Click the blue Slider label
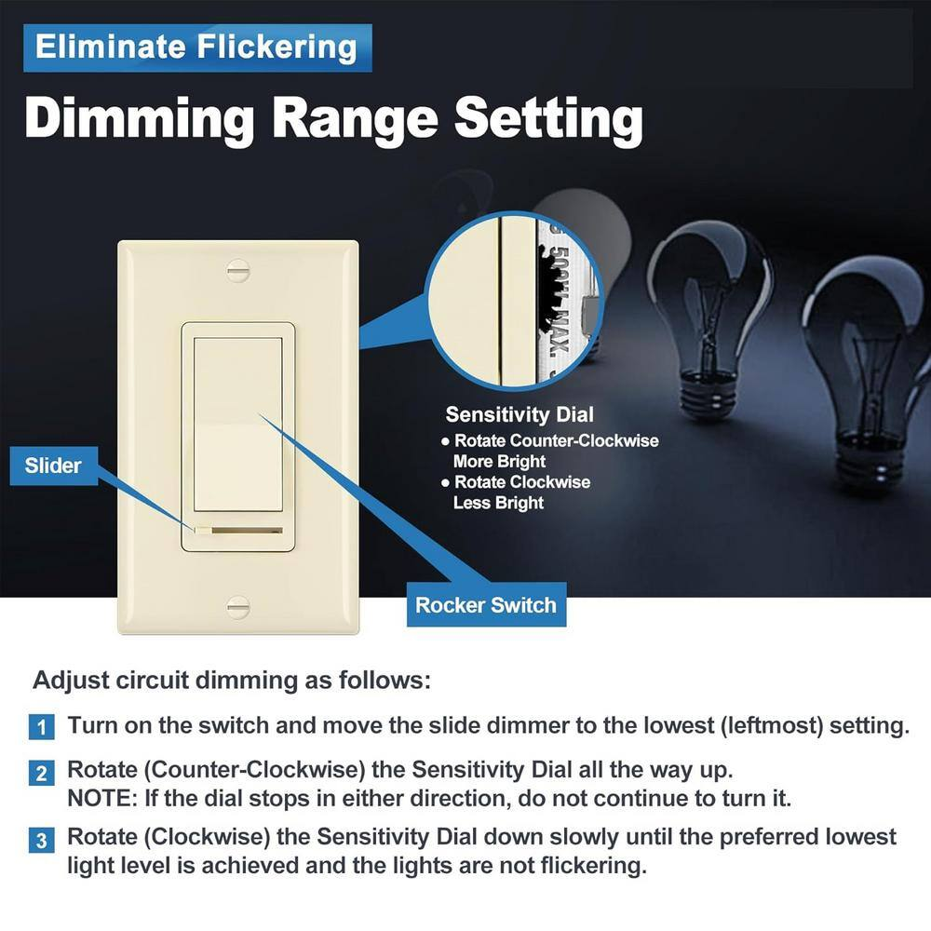click(53, 465)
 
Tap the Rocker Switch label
click(486, 605)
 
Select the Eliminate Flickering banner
click(197, 47)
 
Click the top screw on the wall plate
click(238, 271)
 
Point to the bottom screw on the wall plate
click(238, 607)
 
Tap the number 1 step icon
click(41, 727)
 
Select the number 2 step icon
click(41, 773)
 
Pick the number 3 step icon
click(41, 840)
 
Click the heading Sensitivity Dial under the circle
click(519, 414)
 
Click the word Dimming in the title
click(141, 119)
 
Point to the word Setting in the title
click(548, 119)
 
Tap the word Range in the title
click(355, 120)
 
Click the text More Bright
click(499, 462)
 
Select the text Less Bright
click(499, 503)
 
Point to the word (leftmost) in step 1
click(772, 726)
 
